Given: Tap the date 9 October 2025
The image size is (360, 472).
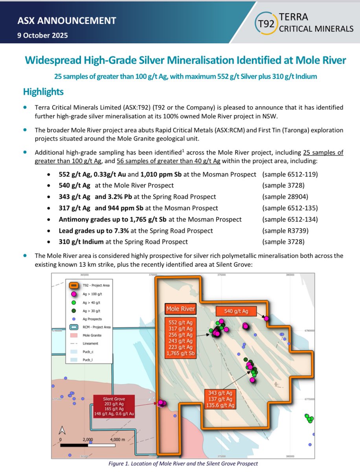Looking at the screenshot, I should [42, 35].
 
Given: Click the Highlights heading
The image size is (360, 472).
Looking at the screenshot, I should [43, 92].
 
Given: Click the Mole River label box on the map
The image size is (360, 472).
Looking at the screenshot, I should [180, 309].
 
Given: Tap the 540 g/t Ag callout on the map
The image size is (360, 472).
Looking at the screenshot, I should [236, 311].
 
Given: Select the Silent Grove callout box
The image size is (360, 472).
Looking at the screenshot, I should [114, 406].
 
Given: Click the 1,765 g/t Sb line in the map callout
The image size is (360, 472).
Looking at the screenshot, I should [180, 354].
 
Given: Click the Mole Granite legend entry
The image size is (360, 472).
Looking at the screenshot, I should [92, 336].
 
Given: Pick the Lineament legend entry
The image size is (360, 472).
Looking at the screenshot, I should [90, 344].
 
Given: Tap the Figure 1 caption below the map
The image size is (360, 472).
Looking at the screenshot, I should [183, 463].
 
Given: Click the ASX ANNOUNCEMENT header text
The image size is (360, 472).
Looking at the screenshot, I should [66, 21].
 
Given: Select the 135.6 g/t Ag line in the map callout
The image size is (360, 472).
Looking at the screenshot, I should [220, 405].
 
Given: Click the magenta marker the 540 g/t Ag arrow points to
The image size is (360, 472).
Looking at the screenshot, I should [266, 318].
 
